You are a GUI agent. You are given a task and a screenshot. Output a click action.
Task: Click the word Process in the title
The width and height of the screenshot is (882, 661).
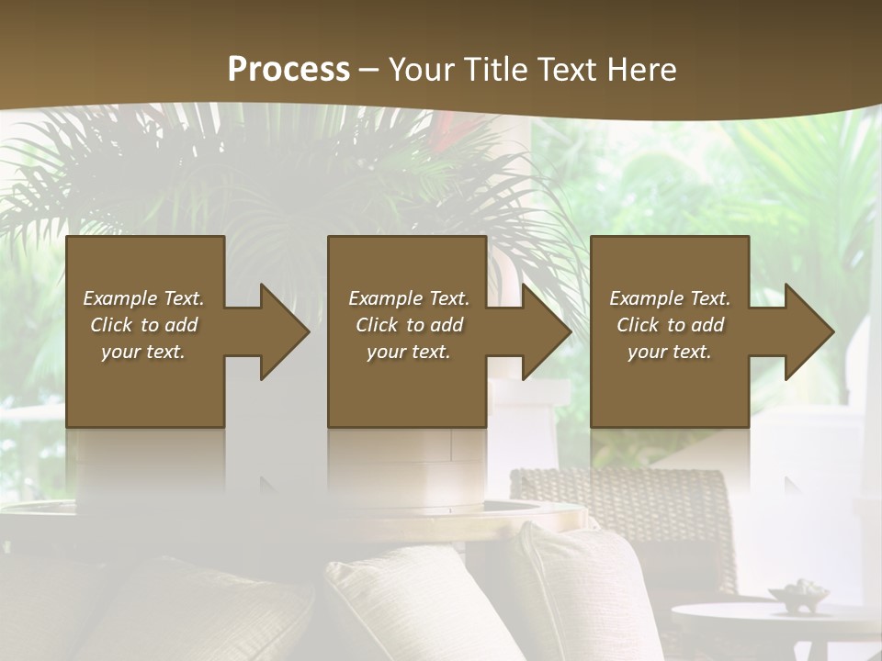pos(288,70)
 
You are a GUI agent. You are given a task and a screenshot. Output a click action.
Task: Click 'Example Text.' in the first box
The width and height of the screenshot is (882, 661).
pos(143,298)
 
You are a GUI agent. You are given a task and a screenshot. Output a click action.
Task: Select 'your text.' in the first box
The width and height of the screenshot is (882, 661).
pos(143,352)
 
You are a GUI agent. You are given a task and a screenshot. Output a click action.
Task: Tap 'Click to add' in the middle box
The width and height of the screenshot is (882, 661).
pos(409,325)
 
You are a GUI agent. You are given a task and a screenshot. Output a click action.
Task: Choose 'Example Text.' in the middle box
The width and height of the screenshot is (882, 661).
pos(409,298)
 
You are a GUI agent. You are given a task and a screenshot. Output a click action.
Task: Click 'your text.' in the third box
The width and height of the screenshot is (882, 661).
pos(670,352)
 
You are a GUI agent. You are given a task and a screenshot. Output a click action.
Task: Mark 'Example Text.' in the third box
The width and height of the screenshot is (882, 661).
pos(670,298)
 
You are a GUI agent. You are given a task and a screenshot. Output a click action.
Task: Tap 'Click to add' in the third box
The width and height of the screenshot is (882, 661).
pos(670,325)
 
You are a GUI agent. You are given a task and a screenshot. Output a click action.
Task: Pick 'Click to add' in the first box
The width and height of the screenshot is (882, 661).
pos(143,325)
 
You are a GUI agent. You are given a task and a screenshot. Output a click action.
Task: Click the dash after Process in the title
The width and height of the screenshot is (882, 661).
pos(368,70)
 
